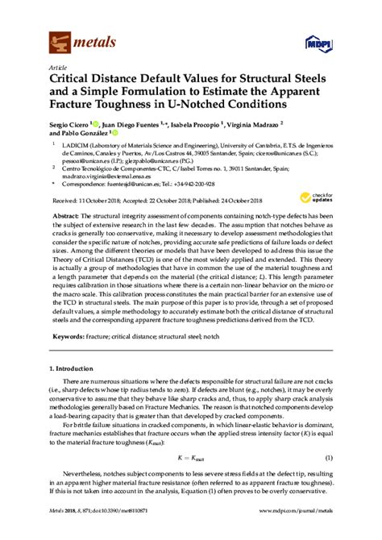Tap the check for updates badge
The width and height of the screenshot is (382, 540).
point(322,200)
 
